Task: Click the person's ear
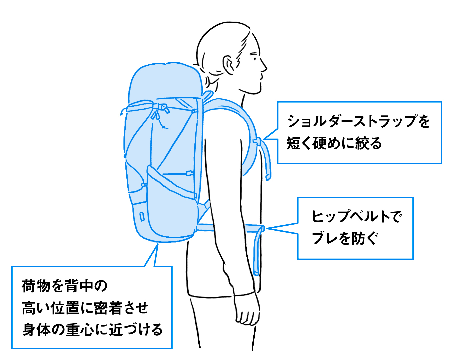[x=229, y=65]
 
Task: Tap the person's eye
[x=255, y=59]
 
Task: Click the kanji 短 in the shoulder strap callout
[x=293, y=143]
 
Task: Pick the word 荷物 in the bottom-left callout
[x=35, y=286]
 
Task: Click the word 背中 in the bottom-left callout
[x=79, y=286]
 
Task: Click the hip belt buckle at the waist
[x=262, y=228]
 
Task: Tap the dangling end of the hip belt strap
[x=256, y=273]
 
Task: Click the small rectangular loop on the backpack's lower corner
[x=142, y=216]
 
